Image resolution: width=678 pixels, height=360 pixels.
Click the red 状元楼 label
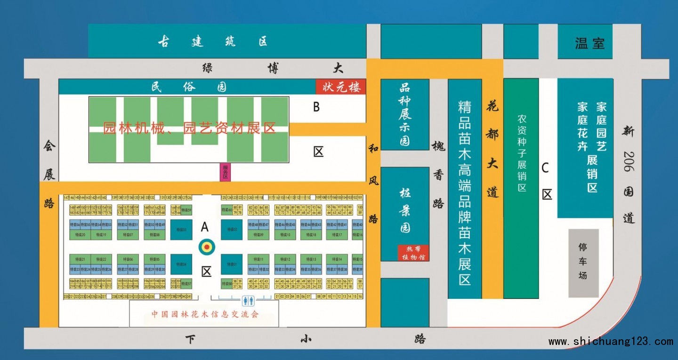coord(341,87)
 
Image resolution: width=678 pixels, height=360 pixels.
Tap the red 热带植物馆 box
coord(413,253)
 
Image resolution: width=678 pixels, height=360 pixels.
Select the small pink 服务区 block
coord(225,172)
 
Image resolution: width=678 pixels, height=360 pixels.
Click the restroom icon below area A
coord(248,300)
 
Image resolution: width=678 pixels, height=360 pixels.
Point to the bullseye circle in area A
coord(206,246)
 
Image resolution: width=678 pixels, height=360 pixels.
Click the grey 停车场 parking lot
coord(583,263)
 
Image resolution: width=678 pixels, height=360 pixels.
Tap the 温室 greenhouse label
coord(589,44)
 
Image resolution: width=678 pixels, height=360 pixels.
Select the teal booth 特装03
coord(181,230)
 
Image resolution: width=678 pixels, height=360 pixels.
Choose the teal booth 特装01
coord(231,264)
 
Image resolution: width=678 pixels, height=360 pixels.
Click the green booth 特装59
coord(186,210)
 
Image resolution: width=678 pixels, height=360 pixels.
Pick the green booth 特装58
coord(226,284)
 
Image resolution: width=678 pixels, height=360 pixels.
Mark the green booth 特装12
coord(285,259)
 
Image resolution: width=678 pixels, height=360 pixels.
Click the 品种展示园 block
coord(404,114)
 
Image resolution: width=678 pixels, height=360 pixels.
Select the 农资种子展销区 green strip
coord(521,188)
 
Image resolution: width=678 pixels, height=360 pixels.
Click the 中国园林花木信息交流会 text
coord(205,314)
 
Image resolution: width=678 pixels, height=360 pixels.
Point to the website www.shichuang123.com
coord(610,342)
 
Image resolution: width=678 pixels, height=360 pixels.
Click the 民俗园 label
coord(189,87)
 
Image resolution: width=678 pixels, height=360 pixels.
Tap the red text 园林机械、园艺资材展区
coord(189,128)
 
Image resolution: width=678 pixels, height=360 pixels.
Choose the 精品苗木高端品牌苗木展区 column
coord(464,188)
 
